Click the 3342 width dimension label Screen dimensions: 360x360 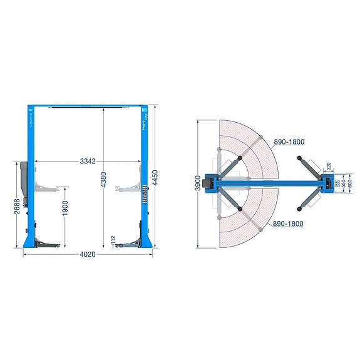pos(88,162)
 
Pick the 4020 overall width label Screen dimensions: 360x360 pos(88,255)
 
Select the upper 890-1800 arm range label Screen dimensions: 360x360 pos(289,142)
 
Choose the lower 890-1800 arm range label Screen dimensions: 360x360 pos(289,224)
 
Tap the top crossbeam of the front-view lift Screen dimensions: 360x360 pos(87,106)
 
